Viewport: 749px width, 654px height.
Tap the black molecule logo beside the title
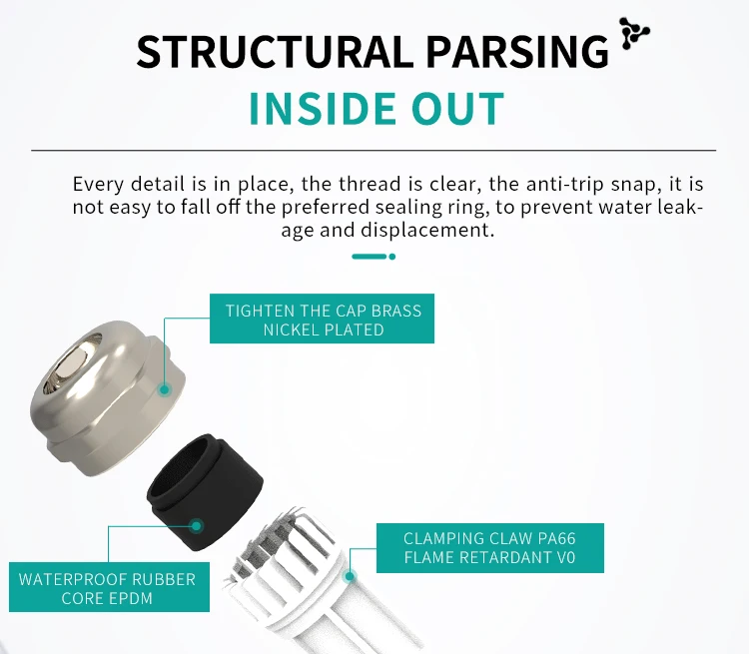633,33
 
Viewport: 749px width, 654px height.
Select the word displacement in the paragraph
439,229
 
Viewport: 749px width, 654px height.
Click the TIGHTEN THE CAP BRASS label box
323,320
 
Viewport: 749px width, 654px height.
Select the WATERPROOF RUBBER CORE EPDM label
108,589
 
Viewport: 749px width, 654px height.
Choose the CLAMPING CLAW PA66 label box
489,547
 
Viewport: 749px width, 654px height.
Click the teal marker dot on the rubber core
197,524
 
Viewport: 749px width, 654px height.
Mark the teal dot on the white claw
351,575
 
